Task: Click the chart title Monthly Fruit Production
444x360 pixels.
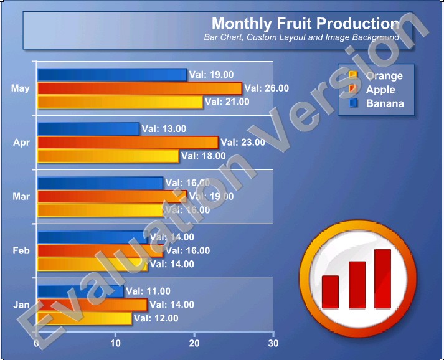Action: point(305,24)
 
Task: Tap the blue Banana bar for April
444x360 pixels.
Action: point(88,129)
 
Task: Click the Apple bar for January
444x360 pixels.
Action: point(92,305)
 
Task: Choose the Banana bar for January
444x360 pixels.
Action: point(80,291)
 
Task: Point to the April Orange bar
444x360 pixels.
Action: point(108,156)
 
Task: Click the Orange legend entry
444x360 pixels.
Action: point(384,76)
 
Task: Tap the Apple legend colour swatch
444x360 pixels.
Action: point(353,90)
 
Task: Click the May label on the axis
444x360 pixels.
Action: point(21,88)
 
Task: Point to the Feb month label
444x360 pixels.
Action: point(21,250)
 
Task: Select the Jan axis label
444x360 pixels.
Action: point(21,305)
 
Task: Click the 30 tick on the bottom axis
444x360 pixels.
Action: point(272,343)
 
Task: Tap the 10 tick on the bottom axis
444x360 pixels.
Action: point(115,343)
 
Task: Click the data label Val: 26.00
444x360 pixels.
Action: point(267,88)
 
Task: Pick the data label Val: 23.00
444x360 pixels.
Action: point(243,142)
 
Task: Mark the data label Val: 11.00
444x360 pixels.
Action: point(148,291)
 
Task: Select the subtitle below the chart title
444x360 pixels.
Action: point(301,37)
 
